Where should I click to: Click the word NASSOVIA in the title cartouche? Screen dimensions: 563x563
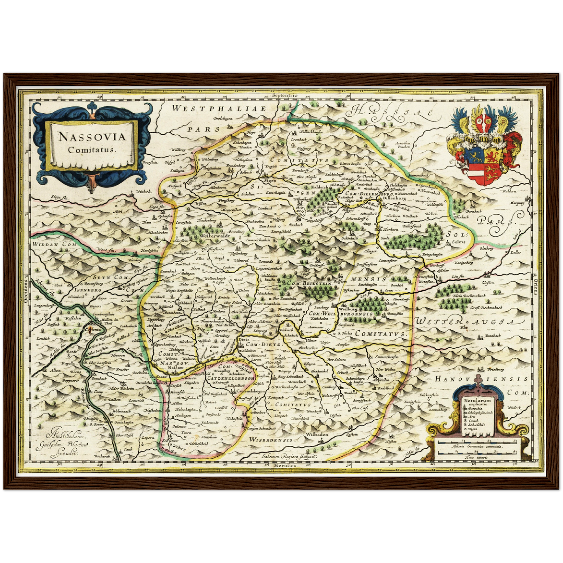(92, 137)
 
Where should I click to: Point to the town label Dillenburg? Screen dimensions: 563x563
(394, 198)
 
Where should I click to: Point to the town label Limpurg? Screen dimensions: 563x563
(261, 330)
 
